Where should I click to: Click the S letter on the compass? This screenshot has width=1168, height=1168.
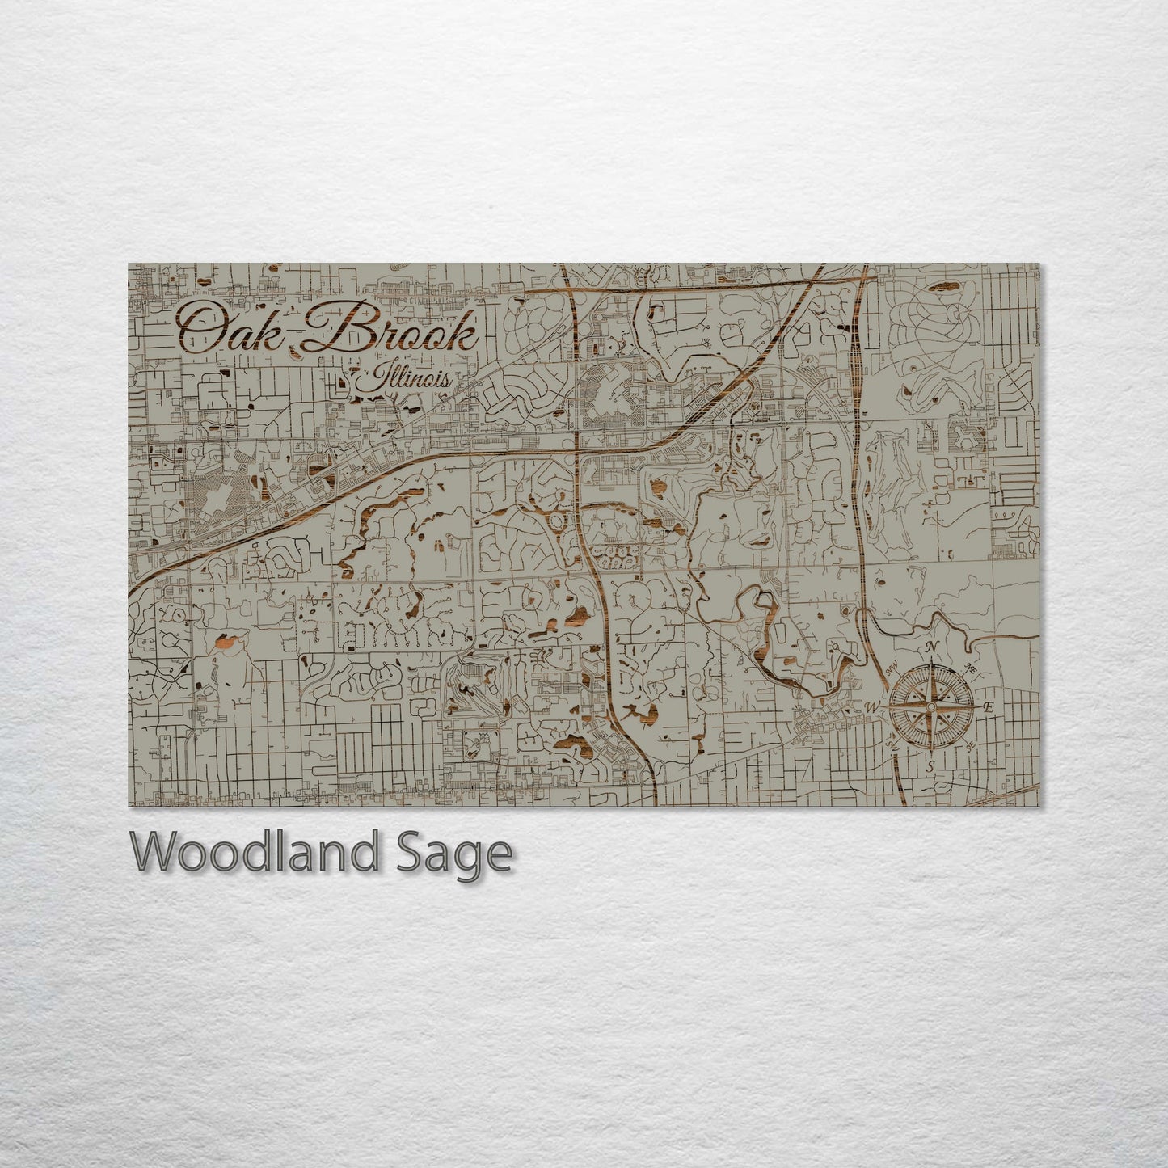930,765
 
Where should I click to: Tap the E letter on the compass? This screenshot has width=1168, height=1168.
987,707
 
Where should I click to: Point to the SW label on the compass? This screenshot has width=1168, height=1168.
892,745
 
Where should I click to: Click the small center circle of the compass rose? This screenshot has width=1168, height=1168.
930,706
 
